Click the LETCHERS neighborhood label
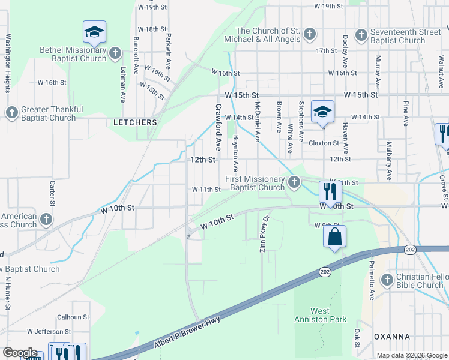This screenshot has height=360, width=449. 135,122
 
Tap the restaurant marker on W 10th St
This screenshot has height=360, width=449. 330,191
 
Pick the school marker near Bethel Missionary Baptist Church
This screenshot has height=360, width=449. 94,32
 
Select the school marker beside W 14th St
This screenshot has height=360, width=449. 322,112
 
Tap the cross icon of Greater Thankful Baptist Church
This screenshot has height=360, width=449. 11,113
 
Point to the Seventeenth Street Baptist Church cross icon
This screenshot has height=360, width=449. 361,35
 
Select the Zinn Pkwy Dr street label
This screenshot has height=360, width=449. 262,230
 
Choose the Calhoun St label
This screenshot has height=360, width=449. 73,317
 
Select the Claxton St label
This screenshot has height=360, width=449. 324,143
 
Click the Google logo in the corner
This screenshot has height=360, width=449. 20,352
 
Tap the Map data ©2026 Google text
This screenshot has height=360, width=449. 411,355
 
